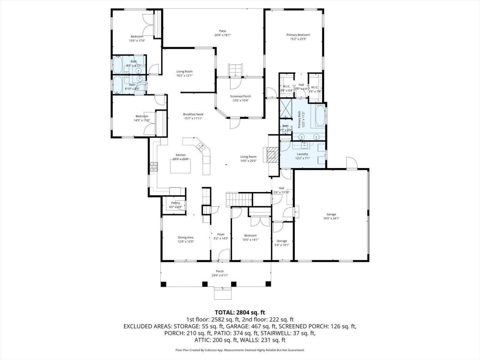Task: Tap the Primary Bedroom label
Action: [x=298, y=35]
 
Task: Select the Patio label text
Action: [x=223, y=31]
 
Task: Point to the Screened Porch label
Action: [x=240, y=96]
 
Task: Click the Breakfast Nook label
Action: [x=193, y=114]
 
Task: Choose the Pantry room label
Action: [x=175, y=203]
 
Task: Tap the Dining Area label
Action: [x=186, y=237]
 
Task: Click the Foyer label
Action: [x=221, y=234]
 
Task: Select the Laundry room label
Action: [x=302, y=154]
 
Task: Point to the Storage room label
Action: [x=282, y=241]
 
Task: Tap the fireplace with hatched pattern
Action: [x=273, y=154]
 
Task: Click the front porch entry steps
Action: [x=223, y=293]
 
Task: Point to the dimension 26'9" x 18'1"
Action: [x=223, y=35]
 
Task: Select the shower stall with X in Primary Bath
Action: [x=286, y=108]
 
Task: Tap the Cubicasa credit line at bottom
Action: [x=240, y=350]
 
